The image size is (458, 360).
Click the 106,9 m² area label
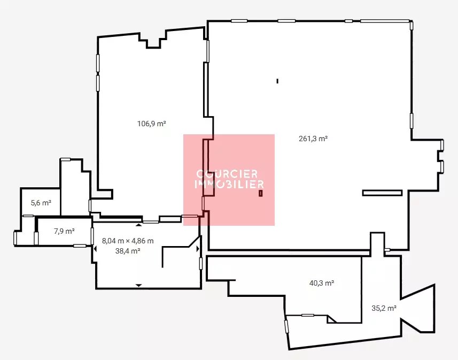(x=152, y=124)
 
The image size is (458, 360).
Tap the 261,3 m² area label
(x=313, y=139)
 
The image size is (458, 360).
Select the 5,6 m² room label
(x=41, y=203)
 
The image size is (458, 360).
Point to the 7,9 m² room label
(x=64, y=231)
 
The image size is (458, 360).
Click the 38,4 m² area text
(x=128, y=251)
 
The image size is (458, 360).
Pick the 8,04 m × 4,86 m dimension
(x=128, y=241)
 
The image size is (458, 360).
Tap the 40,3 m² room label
(x=322, y=283)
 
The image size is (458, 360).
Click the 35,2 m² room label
(x=384, y=308)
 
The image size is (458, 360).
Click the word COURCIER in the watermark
(x=227, y=174)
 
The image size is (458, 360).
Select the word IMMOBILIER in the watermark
(x=229, y=184)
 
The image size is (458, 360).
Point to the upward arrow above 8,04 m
(x=139, y=225)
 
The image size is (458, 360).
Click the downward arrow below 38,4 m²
(x=139, y=285)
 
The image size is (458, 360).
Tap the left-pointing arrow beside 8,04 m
(x=95, y=249)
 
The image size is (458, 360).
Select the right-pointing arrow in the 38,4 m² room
(x=198, y=249)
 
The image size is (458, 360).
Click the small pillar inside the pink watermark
(x=261, y=193)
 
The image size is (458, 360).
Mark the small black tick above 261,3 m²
(x=277, y=81)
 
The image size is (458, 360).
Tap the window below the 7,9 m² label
(x=80, y=246)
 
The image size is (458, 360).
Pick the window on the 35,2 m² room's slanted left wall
(x=286, y=326)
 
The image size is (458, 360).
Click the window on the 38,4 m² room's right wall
(x=200, y=264)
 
